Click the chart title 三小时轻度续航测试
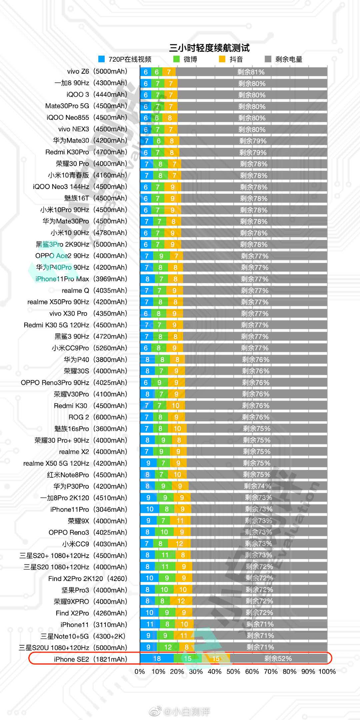coord(209,48)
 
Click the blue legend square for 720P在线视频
coord(102,59)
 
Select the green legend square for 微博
coord(177,59)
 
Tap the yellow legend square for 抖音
coord(222,59)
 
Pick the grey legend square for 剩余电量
coord(268,59)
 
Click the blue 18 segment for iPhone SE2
coord(157,659)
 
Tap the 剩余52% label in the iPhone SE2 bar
coord(278,659)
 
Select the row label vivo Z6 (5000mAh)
coord(97,71)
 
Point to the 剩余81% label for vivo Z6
coord(251,72)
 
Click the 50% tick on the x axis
coord(233,672)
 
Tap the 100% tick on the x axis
coord(327,672)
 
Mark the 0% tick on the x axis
coord(140,672)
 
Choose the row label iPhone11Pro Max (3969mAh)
coord(81,279)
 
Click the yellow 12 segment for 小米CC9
coord(179,544)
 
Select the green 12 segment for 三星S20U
coord(168,647)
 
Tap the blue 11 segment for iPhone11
coord(150,624)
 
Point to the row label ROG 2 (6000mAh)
coord(98,417)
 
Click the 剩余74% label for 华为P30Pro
coord(257,486)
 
